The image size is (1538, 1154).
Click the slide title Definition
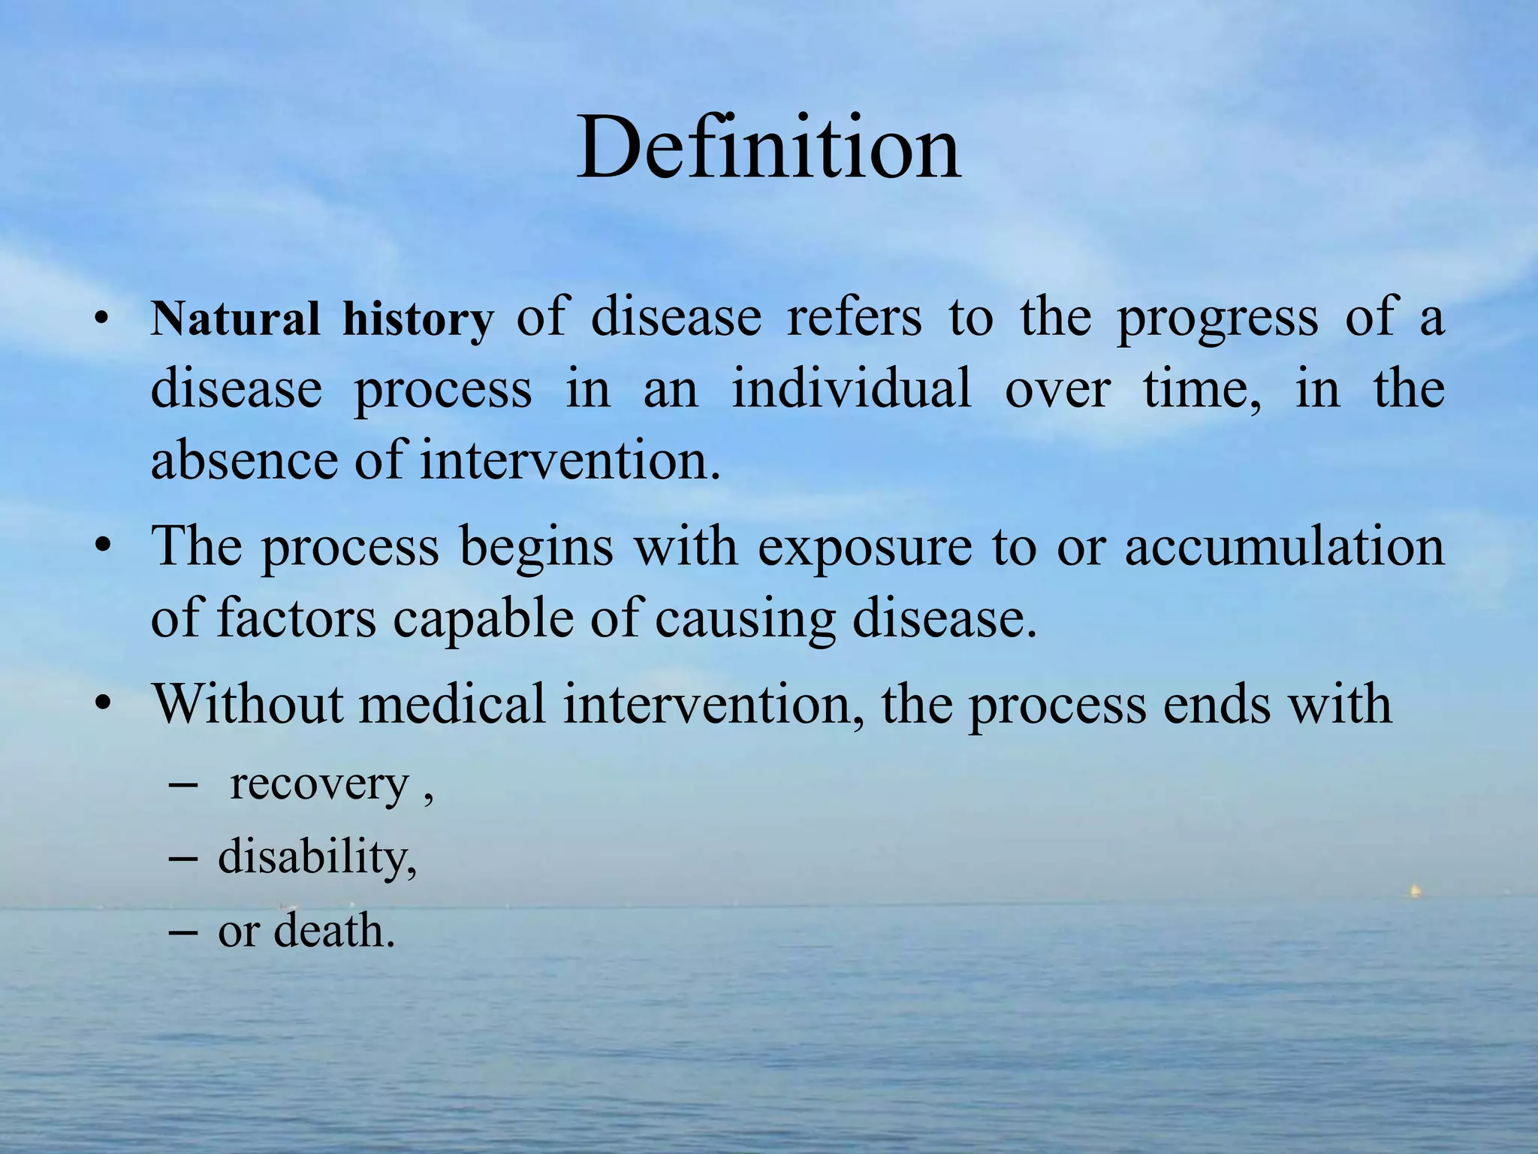point(768,147)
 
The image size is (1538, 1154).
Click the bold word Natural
point(236,319)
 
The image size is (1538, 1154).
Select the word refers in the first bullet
point(854,317)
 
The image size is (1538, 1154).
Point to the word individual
point(852,389)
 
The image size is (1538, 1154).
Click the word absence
point(243,460)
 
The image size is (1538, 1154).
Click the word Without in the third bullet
point(247,704)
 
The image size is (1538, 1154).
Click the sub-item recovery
point(319,785)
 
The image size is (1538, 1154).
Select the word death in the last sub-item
point(333,931)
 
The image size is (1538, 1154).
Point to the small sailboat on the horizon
point(1413,891)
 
